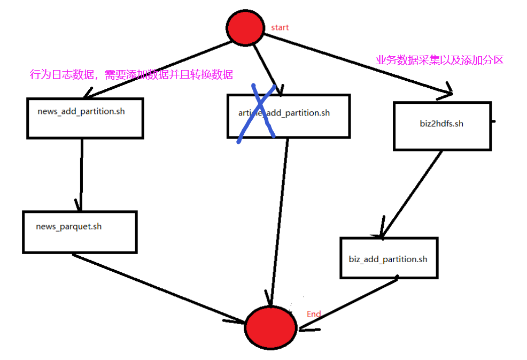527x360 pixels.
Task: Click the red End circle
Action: coord(270,327)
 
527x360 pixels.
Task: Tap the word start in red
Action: coord(280,27)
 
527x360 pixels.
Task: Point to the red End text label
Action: coord(314,314)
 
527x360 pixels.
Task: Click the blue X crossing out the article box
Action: coord(257,114)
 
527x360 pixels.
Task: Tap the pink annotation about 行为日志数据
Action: coord(131,75)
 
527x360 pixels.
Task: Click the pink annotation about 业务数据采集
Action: coord(439,60)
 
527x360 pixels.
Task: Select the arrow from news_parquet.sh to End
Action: coord(155,287)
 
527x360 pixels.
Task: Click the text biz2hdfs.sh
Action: coord(441,124)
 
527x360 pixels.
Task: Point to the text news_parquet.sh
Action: coord(69,226)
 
